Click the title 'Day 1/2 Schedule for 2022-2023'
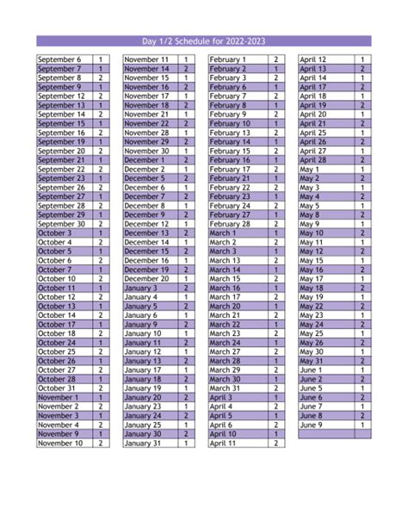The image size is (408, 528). tap(204, 40)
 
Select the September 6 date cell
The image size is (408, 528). tap(62, 59)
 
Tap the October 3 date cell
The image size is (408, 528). tap(62, 233)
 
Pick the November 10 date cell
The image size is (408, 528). tap(62, 443)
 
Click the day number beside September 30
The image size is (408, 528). tap(100, 223)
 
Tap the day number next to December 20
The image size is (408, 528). tap(185, 278)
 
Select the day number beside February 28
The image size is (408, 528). tap(275, 223)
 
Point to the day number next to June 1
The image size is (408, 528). tap(362, 370)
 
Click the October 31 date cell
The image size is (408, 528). tap(62, 388)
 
